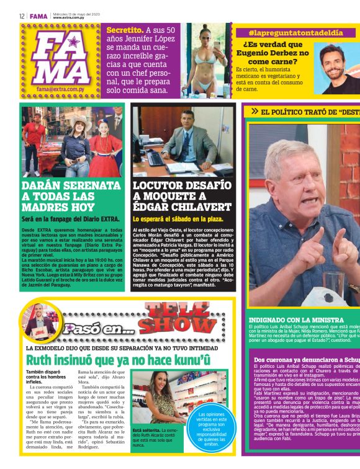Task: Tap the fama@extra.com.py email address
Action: [x=59, y=89]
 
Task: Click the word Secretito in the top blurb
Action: [x=124, y=30]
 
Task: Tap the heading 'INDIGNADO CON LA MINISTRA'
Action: [x=292, y=320]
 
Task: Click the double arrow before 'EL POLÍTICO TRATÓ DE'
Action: [x=254, y=112]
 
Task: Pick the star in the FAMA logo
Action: [x=73, y=43]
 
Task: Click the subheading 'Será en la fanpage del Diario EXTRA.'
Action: [x=65, y=220]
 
